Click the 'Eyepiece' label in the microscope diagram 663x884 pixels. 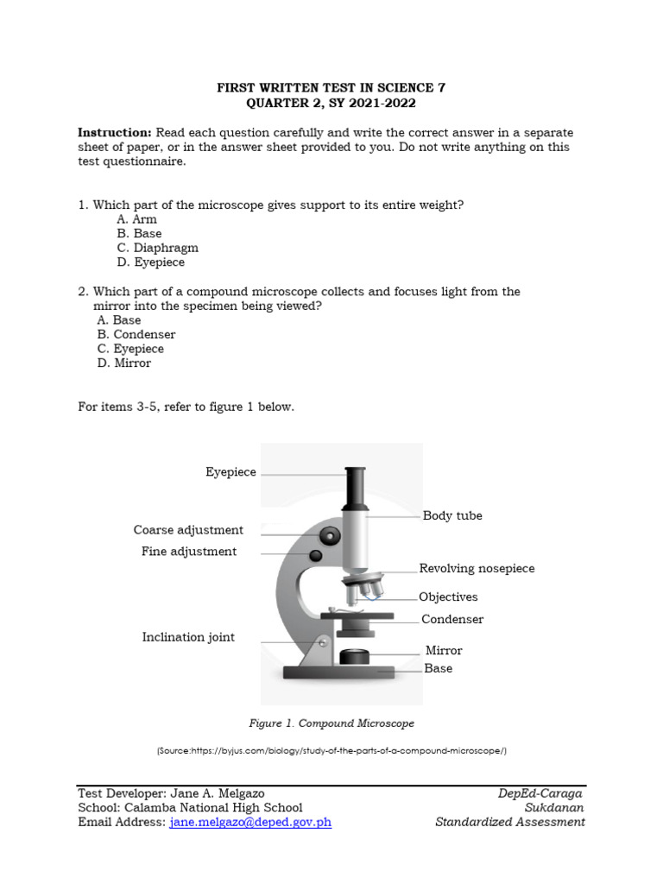coord(230,472)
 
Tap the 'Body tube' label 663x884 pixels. coord(452,515)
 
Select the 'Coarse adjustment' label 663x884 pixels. coord(188,530)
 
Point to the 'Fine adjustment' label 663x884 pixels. coord(189,552)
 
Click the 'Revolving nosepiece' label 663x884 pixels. coord(477,568)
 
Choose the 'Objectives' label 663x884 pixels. coord(448,597)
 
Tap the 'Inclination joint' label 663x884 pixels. coord(188,637)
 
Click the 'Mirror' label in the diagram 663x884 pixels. coord(444,650)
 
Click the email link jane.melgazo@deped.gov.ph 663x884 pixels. coord(250,822)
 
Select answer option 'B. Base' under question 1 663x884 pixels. coord(139,233)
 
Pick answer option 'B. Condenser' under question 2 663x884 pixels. coord(136,334)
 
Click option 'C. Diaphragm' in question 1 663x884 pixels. coord(157,248)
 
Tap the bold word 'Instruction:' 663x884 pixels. coord(115,132)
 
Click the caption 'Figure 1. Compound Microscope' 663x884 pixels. coord(331,723)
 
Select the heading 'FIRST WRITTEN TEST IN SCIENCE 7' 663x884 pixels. coord(331,88)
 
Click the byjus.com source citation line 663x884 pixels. coord(331,751)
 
